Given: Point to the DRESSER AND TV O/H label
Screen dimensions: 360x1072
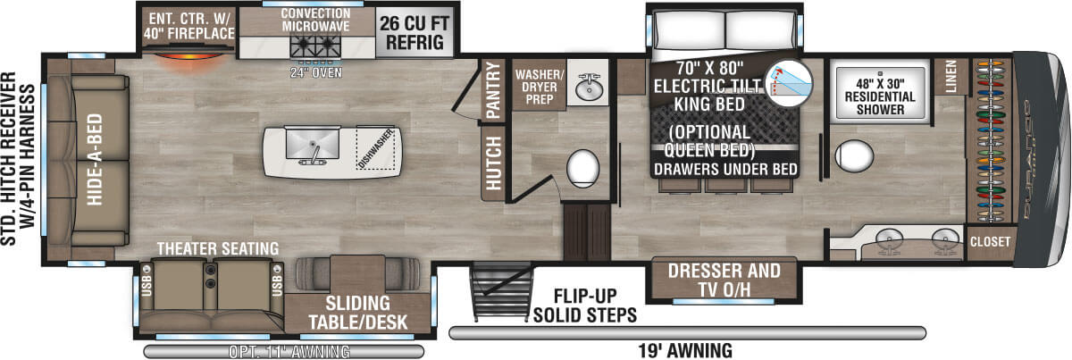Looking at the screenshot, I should coord(724,279).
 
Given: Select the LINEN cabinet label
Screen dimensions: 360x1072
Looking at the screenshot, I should coord(951,76).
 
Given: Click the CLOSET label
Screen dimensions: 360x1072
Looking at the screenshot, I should coord(991,241).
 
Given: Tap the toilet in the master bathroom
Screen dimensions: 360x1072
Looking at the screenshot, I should coord(853,157).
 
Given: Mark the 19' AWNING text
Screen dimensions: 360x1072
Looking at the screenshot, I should coord(687,349).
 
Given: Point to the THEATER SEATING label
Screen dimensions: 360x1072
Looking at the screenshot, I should coord(217,247).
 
